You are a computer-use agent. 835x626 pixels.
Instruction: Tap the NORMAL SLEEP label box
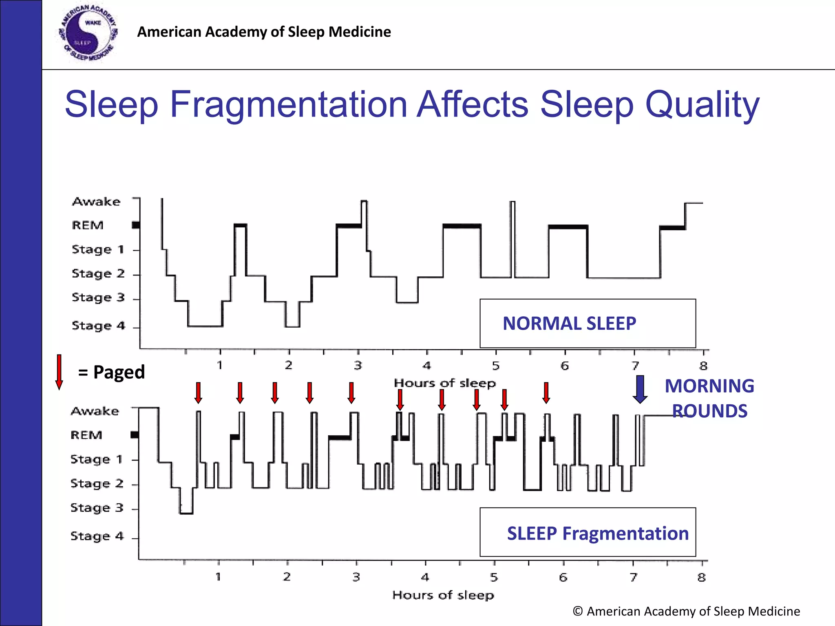click(587, 323)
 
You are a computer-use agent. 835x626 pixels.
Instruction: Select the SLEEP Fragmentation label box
click(588, 532)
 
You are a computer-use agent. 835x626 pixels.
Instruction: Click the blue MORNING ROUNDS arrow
click(640, 389)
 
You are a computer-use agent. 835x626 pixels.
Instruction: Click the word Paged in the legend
click(119, 372)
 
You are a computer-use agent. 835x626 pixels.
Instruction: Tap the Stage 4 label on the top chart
click(98, 326)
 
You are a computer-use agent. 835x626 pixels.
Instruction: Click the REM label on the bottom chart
click(86, 435)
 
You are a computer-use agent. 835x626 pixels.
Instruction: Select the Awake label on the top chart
click(96, 202)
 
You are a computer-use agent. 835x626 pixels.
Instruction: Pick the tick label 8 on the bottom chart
click(701, 577)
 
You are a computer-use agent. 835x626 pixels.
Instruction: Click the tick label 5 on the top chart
click(495, 366)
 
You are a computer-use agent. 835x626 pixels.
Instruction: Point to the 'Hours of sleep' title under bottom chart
click(443, 595)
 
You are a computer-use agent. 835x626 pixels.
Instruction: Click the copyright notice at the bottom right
click(686, 611)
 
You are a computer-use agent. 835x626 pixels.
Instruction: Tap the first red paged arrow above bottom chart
click(198, 392)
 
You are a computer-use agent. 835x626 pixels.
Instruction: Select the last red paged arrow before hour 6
click(546, 392)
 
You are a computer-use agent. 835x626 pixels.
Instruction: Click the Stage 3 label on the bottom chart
click(97, 508)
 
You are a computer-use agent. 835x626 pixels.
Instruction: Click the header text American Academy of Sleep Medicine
click(264, 32)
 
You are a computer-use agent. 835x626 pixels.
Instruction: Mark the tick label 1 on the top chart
click(220, 365)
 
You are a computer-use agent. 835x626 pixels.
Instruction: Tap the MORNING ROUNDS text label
click(709, 398)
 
